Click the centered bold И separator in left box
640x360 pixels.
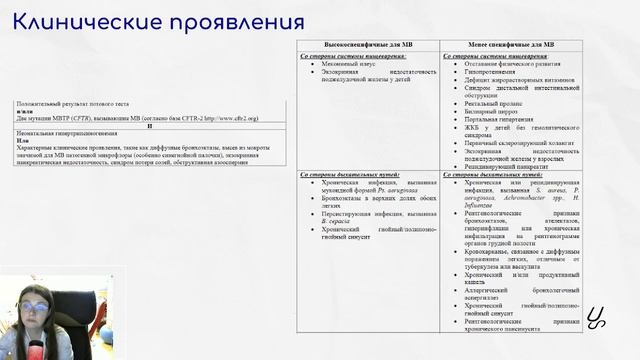(149, 126)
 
